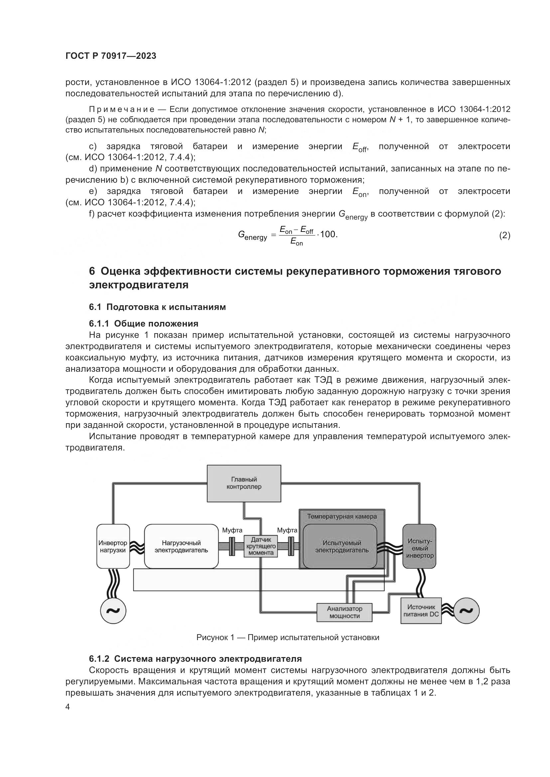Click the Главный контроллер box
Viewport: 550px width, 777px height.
(x=244, y=483)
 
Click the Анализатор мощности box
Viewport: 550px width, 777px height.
(x=344, y=612)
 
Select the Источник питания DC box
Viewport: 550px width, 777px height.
(x=421, y=611)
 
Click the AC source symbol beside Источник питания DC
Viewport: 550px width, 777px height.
(x=466, y=611)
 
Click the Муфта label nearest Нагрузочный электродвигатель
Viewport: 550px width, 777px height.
(x=232, y=530)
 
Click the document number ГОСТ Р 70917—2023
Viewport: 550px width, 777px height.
(x=111, y=56)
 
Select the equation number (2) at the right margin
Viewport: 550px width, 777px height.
(x=505, y=235)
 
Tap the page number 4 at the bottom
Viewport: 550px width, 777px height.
(x=68, y=707)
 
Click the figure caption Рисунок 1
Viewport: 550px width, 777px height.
(x=288, y=637)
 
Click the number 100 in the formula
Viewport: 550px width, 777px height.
(x=328, y=234)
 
